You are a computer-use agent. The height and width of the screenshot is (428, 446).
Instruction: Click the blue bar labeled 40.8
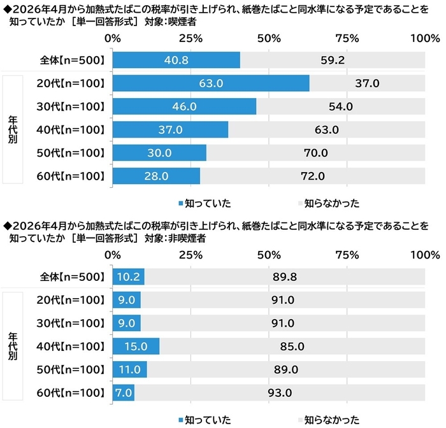click(x=176, y=61)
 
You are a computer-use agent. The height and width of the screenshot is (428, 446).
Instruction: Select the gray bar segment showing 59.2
click(x=333, y=61)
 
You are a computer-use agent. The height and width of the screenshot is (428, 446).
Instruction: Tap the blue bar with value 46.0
click(x=184, y=106)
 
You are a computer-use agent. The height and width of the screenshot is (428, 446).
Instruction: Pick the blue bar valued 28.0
click(x=156, y=175)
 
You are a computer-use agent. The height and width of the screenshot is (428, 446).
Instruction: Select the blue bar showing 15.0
click(x=136, y=346)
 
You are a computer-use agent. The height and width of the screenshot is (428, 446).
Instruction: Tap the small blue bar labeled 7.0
click(x=123, y=392)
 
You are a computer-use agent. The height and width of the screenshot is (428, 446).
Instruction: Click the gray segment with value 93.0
click(x=280, y=392)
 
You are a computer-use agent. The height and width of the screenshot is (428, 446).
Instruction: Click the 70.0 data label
click(x=315, y=152)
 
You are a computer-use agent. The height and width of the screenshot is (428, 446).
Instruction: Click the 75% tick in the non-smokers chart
click(x=347, y=255)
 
